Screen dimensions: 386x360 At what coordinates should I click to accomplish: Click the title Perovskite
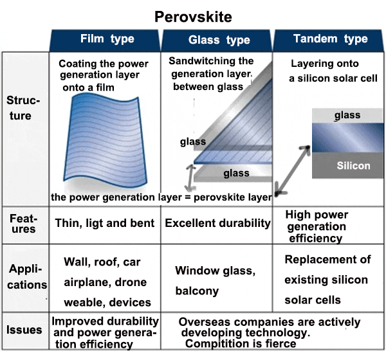click(193, 17)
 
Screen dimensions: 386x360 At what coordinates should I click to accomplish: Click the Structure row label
click(23, 108)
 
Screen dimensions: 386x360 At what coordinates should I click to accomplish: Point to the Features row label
click(23, 224)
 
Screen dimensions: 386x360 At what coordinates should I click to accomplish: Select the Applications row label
click(26, 277)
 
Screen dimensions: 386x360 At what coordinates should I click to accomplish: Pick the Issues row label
click(24, 330)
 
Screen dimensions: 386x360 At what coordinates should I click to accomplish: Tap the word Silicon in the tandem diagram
click(353, 166)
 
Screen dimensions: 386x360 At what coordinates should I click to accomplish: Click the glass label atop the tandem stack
click(347, 115)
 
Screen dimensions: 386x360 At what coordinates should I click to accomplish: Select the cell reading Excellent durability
click(217, 223)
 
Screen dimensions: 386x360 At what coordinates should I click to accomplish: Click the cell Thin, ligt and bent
click(105, 223)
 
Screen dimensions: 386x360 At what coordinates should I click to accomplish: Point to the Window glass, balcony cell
click(215, 280)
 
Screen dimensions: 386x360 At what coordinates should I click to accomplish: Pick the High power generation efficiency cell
click(317, 226)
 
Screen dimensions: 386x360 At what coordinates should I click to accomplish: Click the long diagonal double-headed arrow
click(292, 171)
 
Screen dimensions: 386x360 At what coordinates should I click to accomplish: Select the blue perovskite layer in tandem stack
click(347, 138)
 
